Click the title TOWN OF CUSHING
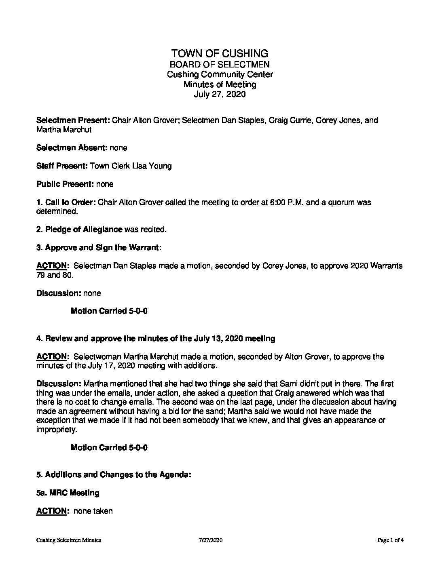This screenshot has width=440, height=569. point(220,53)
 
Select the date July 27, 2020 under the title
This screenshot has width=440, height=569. point(220,95)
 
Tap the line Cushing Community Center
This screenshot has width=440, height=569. point(220,74)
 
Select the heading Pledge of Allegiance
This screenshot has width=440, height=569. point(84,230)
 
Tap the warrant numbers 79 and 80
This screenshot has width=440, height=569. point(55,275)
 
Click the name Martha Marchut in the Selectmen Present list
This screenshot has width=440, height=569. point(63,130)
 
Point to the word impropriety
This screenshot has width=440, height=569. point(56,430)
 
